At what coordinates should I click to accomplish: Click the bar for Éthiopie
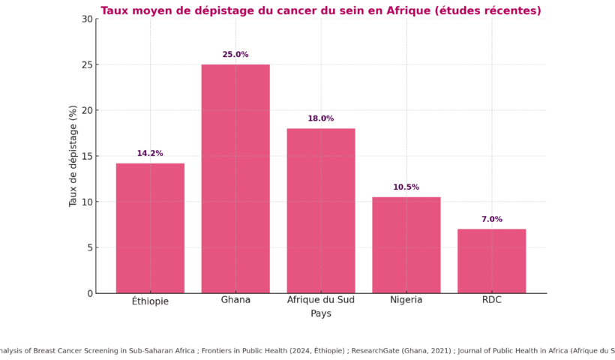pos(150,228)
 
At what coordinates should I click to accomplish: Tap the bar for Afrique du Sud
pos(321,211)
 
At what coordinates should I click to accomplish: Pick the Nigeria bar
pos(406,245)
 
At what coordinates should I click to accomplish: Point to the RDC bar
pos(492,261)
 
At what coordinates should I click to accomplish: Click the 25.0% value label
pos(235,55)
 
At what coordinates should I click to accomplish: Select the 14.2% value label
pos(150,154)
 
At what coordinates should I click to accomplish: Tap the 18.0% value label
pos(321,118)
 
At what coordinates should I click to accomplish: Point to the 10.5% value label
pos(406,187)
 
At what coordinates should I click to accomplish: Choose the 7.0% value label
pos(492,220)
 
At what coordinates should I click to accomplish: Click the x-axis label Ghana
pos(235,300)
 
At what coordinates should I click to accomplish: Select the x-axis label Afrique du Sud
pos(321,300)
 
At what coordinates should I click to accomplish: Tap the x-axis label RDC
pos(492,300)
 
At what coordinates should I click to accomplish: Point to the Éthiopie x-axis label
pos(150,301)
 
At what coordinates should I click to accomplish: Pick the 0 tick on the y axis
pos(88,293)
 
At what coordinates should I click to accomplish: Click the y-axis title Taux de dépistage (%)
pos(73,156)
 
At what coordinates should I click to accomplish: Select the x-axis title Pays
pos(321,313)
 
